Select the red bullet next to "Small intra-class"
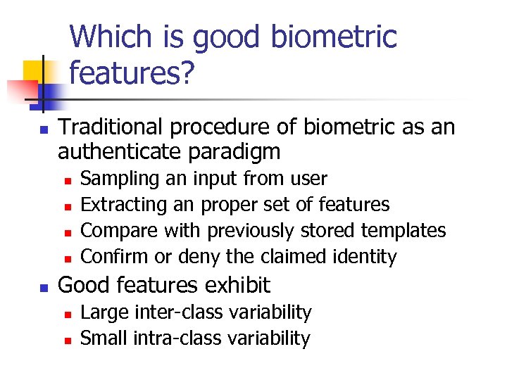click(67, 339)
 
